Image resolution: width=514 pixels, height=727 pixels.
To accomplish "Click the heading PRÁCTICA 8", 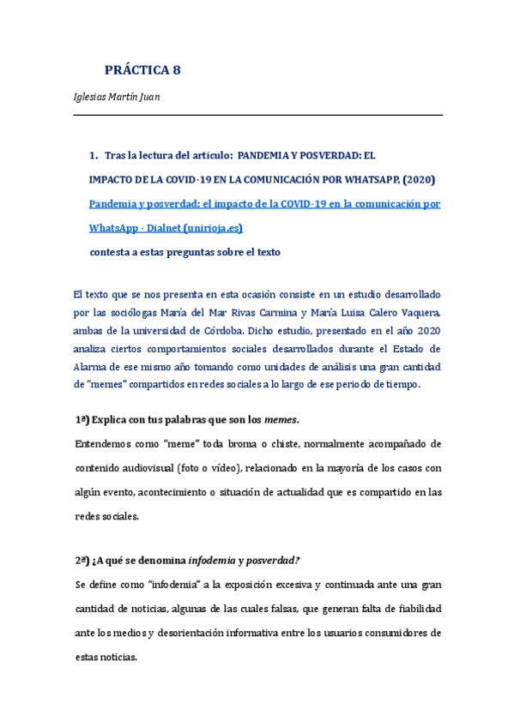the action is coord(142,70).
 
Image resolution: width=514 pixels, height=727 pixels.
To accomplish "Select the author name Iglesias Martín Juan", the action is coord(117,96).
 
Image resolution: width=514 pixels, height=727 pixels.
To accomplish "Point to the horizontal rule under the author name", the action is coord(257,115).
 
